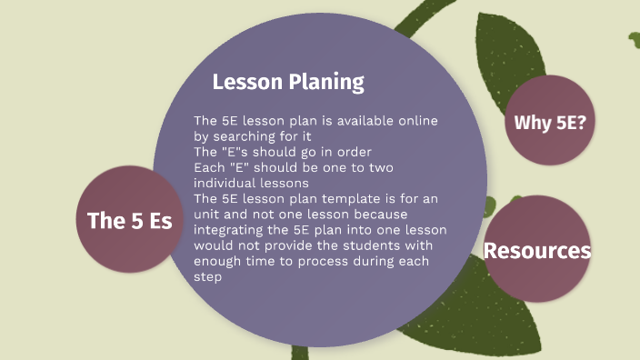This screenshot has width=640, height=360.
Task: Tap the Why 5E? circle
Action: [x=549, y=121]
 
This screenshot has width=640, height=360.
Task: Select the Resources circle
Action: [x=537, y=250]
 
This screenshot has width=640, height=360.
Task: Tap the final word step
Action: [x=209, y=276]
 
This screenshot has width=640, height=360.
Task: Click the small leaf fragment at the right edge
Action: [x=633, y=38]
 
